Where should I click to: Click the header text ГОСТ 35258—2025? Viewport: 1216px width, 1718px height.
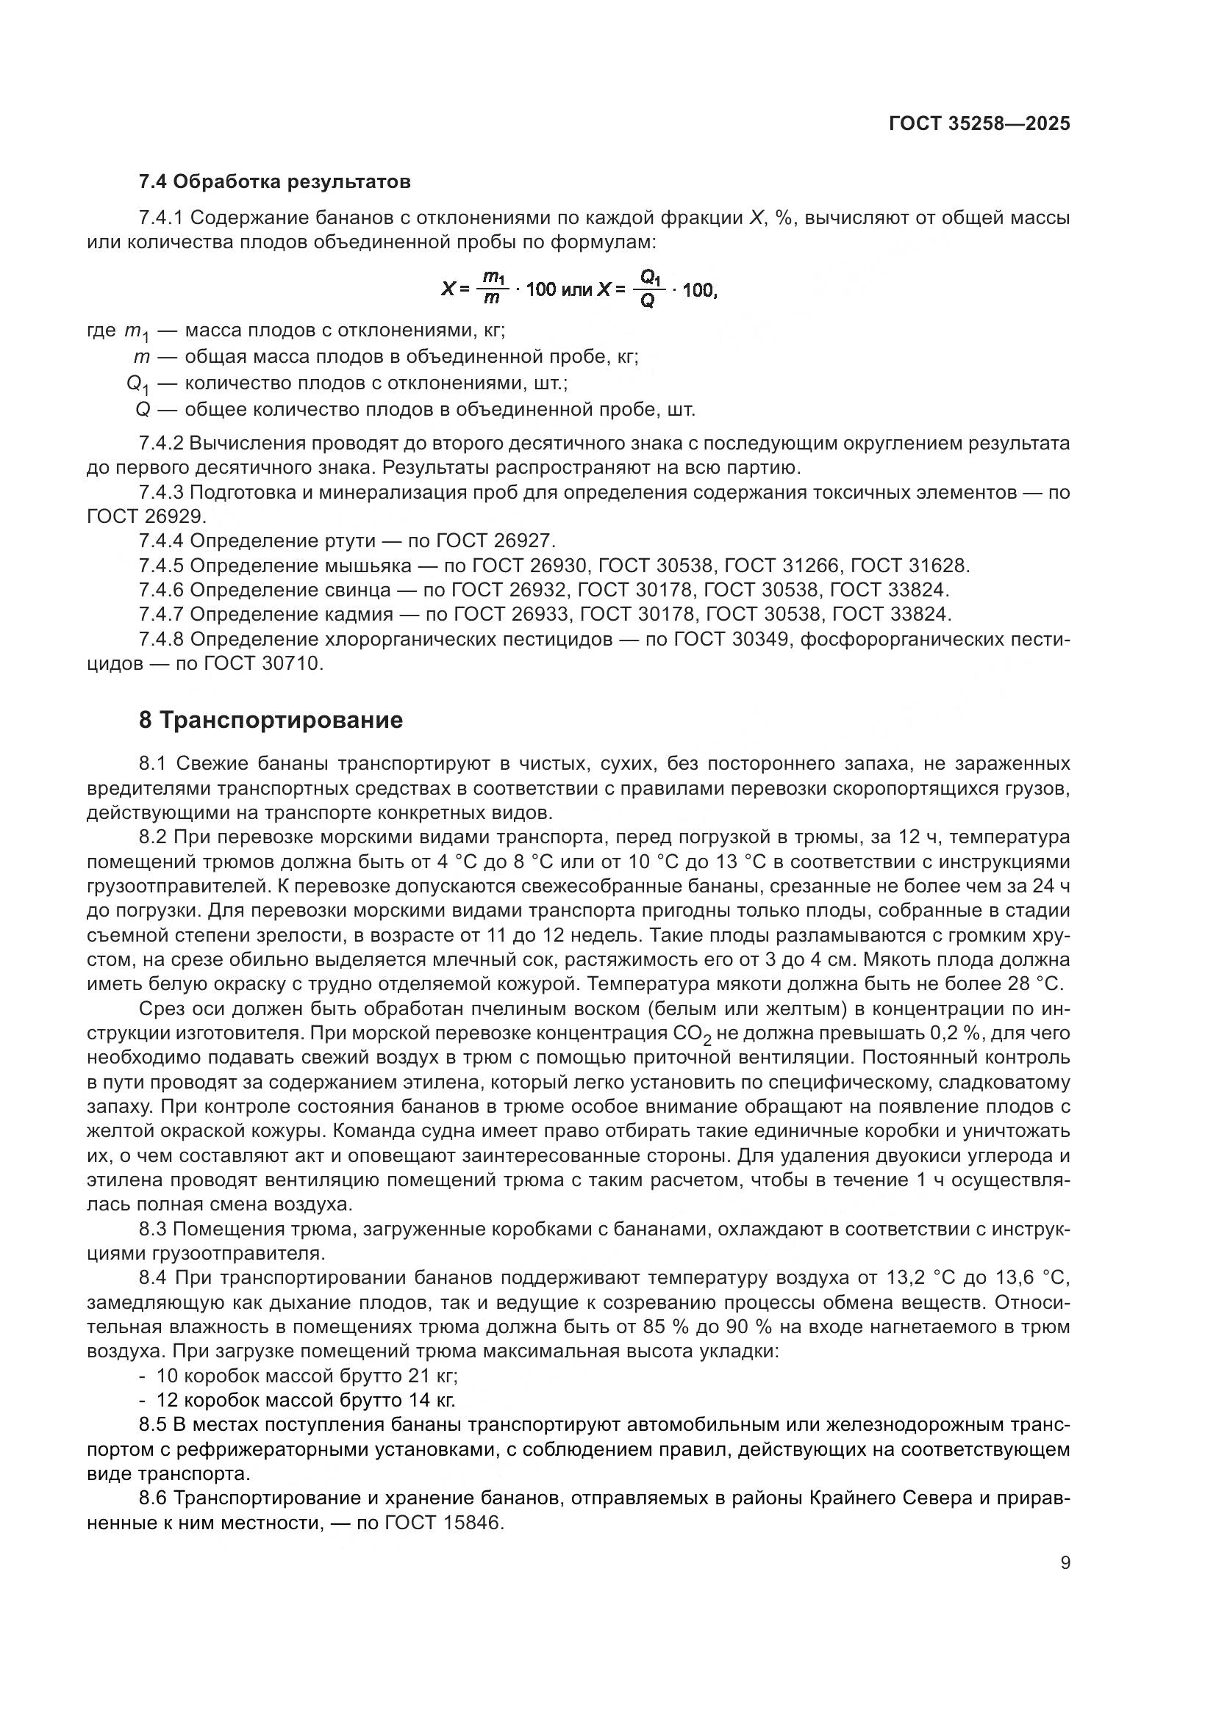(x=979, y=123)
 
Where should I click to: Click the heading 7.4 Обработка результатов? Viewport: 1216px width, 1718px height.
(x=274, y=182)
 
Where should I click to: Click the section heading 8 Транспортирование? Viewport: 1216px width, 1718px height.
(x=271, y=720)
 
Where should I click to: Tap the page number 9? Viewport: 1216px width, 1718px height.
(x=1065, y=1563)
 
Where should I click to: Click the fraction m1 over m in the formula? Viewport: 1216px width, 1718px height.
(x=493, y=288)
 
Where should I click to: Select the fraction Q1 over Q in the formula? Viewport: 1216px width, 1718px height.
(x=648, y=288)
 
